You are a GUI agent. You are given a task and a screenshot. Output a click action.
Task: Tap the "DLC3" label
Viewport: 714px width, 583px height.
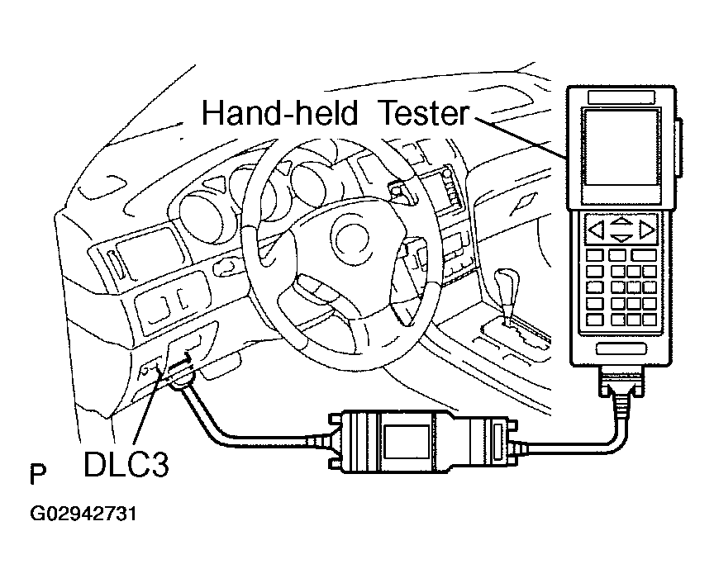[126, 464]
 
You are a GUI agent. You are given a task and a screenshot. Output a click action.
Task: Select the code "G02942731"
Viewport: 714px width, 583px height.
[83, 514]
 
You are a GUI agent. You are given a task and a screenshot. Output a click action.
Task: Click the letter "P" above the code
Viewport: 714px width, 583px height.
[37, 476]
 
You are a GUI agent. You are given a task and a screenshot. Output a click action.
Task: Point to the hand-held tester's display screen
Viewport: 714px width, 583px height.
[619, 156]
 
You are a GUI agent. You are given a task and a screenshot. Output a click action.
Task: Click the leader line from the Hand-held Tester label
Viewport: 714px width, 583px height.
[521, 137]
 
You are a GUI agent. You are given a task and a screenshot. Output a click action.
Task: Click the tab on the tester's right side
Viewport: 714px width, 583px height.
[680, 149]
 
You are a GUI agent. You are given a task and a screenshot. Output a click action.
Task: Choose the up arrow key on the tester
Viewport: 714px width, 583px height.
[621, 221]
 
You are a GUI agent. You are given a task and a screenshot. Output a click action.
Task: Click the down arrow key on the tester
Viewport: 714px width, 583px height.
[621, 238]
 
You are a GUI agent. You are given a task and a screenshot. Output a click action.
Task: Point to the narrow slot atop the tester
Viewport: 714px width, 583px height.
[620, 97]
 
